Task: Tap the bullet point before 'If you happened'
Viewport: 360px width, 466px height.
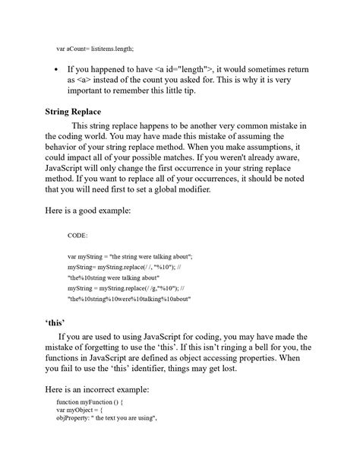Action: (x=57, y=68)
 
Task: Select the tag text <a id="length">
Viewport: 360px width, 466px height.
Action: (x=175, y=68)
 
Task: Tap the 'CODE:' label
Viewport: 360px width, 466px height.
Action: (x=77, y=236)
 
